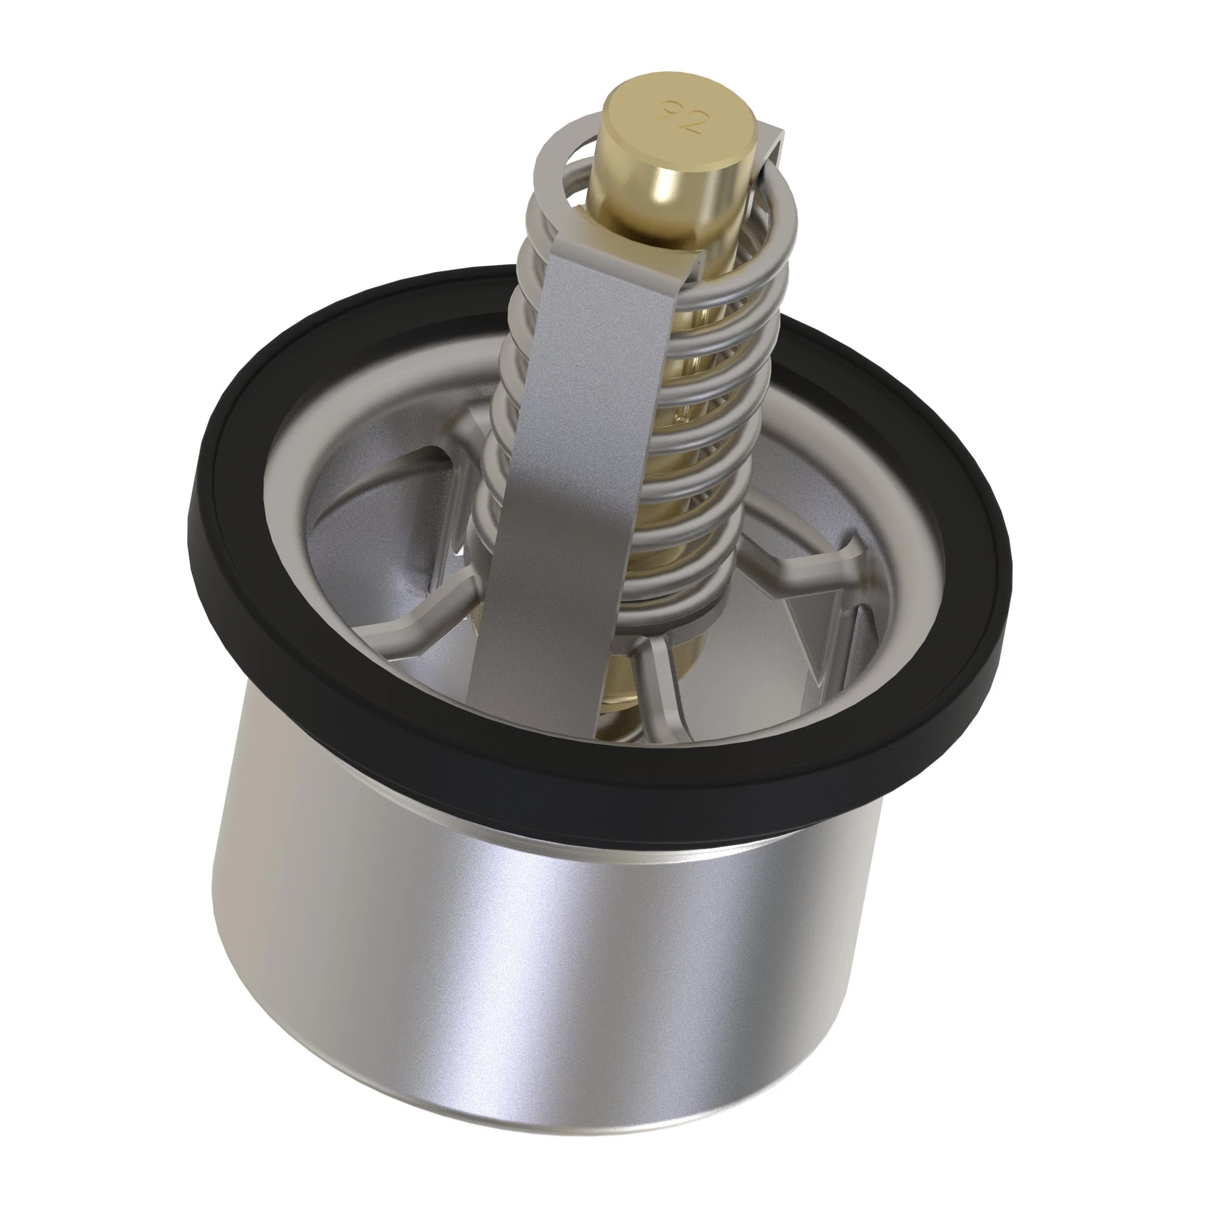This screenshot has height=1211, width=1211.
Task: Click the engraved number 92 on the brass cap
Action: coord(681,117)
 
